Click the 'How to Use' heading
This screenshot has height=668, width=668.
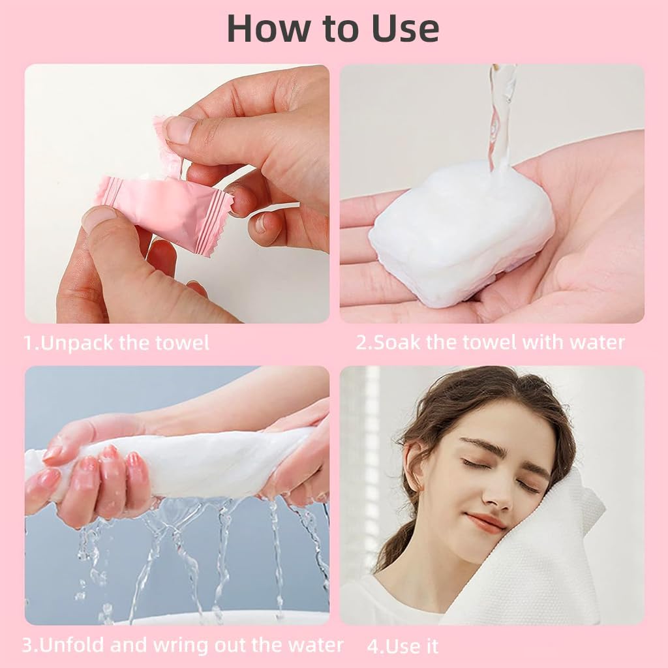333,27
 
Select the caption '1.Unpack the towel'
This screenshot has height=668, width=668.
117,343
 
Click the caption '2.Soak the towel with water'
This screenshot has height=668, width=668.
490,342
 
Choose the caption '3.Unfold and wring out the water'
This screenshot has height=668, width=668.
182,645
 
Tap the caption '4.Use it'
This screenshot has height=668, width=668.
402,646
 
